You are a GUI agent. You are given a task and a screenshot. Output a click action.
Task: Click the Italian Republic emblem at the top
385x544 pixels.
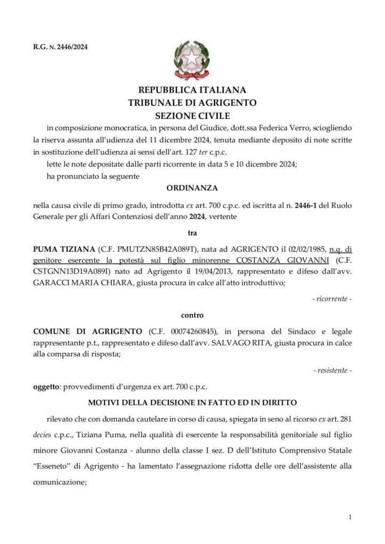click(x=192, y=62)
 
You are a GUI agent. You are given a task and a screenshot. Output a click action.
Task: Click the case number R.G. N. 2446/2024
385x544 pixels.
click(x=60, y=47)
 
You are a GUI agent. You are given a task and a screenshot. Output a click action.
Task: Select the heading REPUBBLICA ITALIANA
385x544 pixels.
click(x=192, y=90)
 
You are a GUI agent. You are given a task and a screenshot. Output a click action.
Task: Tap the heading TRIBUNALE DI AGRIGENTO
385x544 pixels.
click(x=192, y=103)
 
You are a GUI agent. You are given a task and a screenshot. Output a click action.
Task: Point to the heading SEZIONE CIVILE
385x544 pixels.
click(x=192, y=115)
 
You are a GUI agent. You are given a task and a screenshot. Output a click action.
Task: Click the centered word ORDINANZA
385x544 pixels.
click(x=192, y=188)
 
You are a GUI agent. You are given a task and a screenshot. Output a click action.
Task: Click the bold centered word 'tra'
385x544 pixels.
click(x=192, y=233)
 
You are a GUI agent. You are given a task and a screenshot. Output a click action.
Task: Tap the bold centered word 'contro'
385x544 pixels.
click(x=192, y=315)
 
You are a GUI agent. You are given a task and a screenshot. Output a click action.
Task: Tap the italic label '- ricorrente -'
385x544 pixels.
click(x=332, y=299)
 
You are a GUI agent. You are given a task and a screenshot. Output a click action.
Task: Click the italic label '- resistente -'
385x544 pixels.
click(x=332, y=370)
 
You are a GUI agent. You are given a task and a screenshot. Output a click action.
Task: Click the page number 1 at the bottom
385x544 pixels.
click(x=350, y=517)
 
